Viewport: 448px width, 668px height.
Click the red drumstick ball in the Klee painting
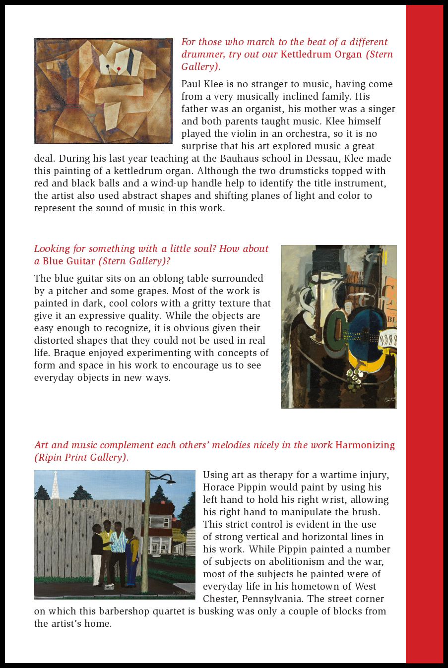click(119, 69)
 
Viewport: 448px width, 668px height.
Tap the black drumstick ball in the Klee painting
click(108, 66)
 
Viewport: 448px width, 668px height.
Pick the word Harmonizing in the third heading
click(365, 445)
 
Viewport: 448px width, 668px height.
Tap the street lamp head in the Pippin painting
click(170, 481)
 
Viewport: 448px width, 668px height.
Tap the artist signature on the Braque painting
click(387, 399)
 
